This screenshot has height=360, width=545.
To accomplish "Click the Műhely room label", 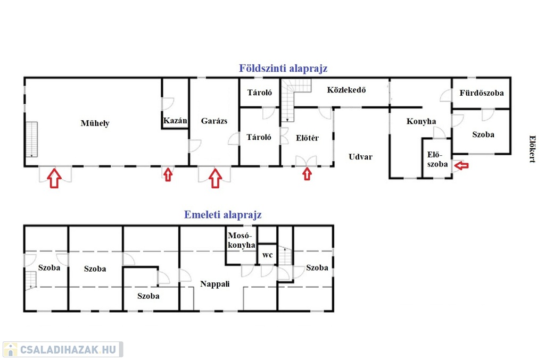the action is tap(95, 123).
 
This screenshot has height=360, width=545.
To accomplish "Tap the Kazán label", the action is tap(175, 121).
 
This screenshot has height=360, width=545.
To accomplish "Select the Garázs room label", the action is tap(214, 121).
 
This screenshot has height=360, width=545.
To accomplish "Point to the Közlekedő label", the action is tap(346, 90).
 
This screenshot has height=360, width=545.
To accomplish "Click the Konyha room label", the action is tap(422, 121).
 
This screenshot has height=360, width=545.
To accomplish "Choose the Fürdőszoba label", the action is tap(481, 93).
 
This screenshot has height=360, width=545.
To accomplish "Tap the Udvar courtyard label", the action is tap(360, 156).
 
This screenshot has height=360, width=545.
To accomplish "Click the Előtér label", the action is tap(307, 138).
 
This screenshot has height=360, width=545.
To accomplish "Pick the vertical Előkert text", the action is tap(532, 149).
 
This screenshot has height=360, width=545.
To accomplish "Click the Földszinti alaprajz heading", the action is tap(283, 69).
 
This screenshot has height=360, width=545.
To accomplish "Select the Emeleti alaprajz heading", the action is tap(223, 214).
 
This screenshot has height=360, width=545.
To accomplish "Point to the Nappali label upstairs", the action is tap(215, 284).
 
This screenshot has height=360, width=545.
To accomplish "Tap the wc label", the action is tap(267, 255).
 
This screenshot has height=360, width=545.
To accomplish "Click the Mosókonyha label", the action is tap(241, 240).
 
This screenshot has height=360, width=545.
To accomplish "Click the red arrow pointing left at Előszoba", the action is tap(461, 165).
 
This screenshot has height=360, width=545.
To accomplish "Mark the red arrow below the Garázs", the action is tap(216, 178).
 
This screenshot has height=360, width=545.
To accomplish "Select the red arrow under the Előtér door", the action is tap(307, 174).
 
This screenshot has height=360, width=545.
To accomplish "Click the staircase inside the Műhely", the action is tap(31, 139).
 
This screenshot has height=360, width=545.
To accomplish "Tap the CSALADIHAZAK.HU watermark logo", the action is tap(63, 349).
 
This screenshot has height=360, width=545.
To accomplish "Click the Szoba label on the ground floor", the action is tap(483, 135).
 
